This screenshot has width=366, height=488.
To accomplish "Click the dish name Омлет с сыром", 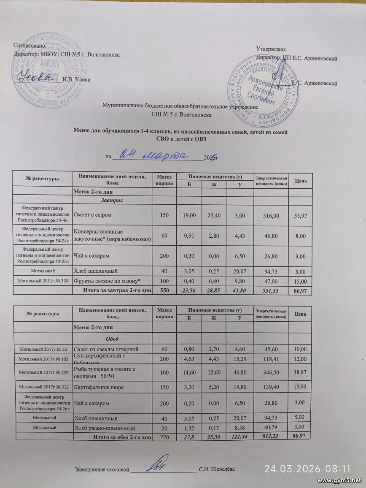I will pyautogui.click(x=93, y=215).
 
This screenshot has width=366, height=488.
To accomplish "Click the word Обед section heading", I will pyautogui.click(x=112, y=339).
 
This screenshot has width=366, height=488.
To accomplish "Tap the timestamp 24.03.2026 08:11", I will pyautogui.click(x=307, y=469).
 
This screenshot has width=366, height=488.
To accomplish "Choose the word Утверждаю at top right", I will pyautogui.click(x=272, y=50).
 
